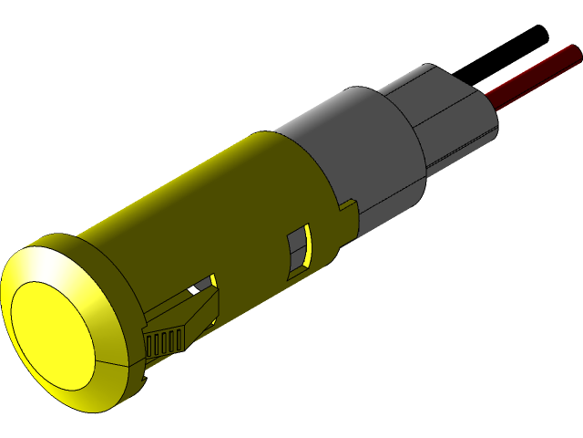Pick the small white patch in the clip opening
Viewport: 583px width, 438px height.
point(193,290)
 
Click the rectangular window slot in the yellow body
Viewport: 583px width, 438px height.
point(298,254)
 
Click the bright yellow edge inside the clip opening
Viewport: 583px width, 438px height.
point(212,280)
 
